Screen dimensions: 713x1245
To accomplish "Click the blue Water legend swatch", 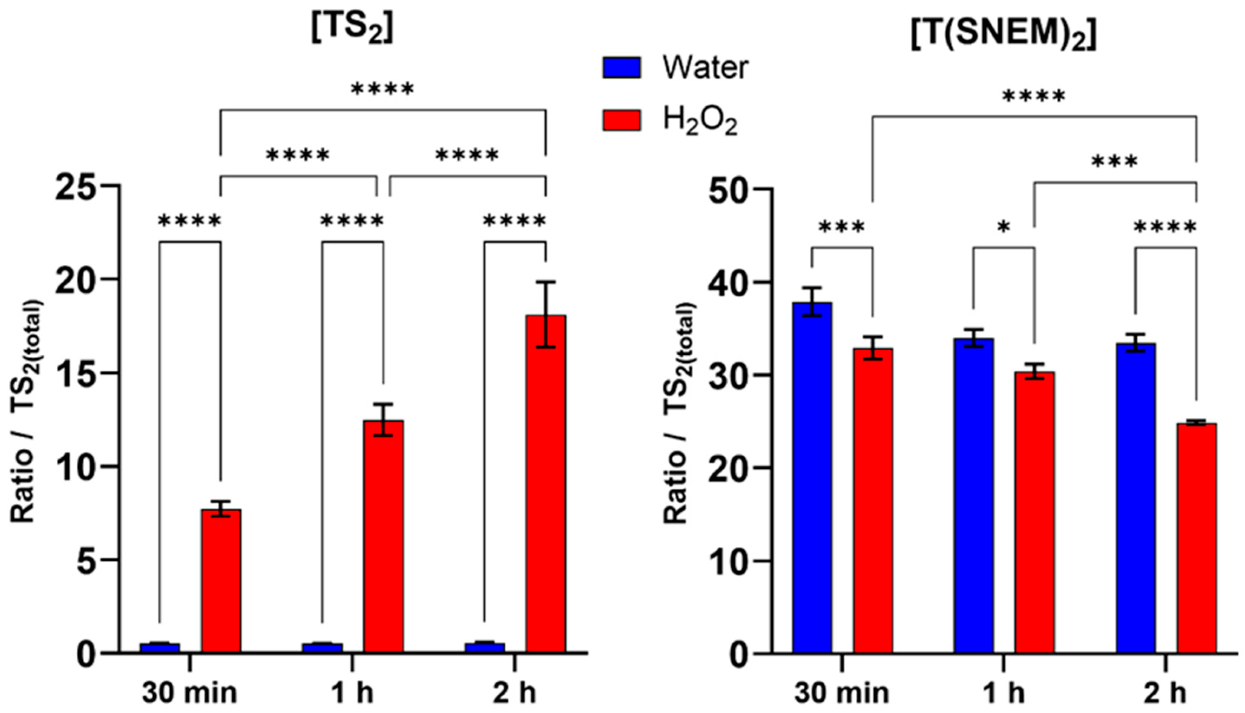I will tap(621, 68).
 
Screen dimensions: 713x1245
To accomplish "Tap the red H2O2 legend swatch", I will tap(621, 120).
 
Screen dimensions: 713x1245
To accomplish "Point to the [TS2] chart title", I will tap(352, 31).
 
